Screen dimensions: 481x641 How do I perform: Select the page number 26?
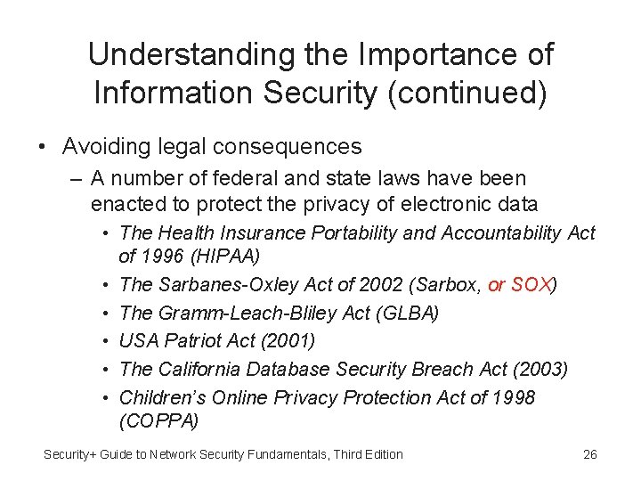click(589, 454)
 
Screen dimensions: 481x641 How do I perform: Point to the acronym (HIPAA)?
click(213, 257)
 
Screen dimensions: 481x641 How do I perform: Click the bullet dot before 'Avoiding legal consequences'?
click(43, 146)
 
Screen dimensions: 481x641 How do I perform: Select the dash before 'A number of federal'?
click(73, 179)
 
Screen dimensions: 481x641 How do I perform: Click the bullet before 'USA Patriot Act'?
click(105, 341)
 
